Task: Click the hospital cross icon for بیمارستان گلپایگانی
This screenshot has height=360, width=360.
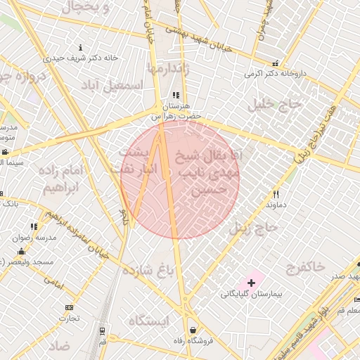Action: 251,282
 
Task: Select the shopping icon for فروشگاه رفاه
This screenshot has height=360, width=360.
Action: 193,330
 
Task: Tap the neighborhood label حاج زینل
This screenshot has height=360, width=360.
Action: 255,227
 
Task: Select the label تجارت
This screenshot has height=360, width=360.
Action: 69,319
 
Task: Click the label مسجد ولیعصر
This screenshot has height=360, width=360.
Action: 28,262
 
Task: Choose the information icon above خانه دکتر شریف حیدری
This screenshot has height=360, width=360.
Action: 80,48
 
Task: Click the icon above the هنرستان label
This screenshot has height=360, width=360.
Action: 175,95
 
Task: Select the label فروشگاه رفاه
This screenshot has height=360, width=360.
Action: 193,342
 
